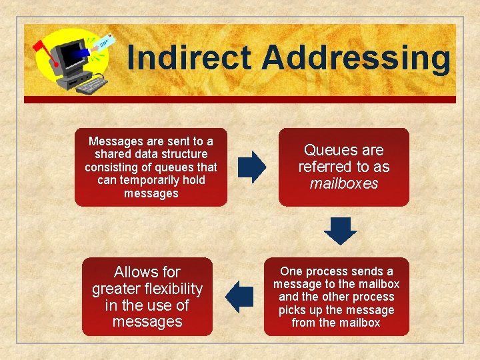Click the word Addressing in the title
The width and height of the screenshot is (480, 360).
356,57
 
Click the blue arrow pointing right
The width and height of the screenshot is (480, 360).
251,167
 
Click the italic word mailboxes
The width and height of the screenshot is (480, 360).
344,183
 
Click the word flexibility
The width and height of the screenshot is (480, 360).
169,289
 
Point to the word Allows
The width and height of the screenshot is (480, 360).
137,272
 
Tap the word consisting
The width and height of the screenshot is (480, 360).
112,167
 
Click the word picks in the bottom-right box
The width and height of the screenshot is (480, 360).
292,310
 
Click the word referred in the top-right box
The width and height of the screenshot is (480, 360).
325,167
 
